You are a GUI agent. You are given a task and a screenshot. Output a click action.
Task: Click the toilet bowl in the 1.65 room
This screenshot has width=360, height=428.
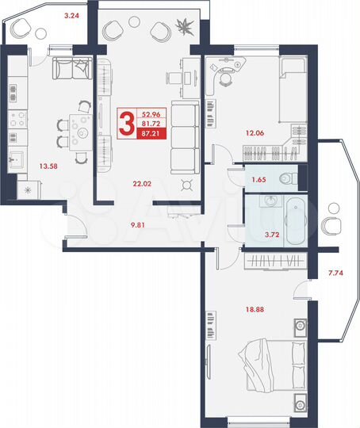(x=293, y=178)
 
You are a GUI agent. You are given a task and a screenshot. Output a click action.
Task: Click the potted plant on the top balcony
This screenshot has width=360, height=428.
(x=186, y=25)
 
